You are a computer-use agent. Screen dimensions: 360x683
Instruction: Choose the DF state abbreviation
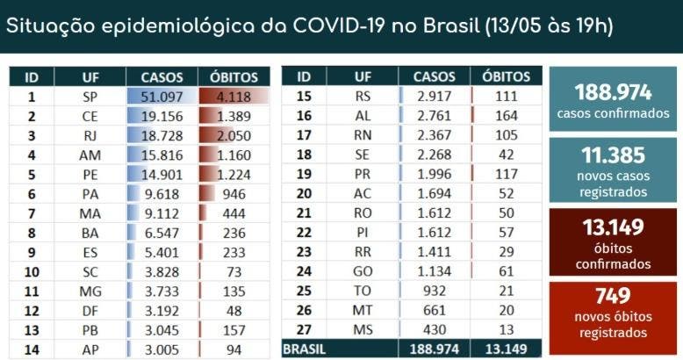[x=90, y=310]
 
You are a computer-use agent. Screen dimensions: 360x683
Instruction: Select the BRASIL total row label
[x=305, y=349]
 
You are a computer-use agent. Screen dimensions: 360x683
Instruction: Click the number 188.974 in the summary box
[x=613, y=93]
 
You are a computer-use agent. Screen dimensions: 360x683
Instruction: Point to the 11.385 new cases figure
[x=613, y=155]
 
